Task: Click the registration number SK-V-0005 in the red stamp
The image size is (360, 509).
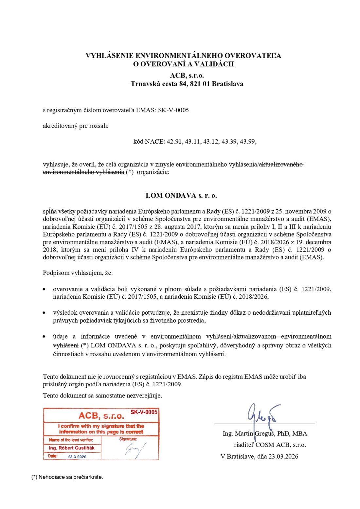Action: [x=144, y=412]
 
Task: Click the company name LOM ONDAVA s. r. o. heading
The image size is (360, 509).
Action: [x=181, y=196]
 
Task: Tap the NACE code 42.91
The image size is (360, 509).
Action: [x=174, y=141]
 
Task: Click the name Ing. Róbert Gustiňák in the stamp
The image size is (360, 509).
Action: [x=72, y=448]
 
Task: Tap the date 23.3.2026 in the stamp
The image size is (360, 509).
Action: [x=77, y=457]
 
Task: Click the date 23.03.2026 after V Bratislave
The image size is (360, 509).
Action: [x=283, y=456]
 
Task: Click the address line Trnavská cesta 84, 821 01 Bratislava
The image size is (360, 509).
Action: [x=187, y=84]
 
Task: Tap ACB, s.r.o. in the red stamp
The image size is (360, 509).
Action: [x=101, y=416]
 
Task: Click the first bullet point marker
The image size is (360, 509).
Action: [x=44, y=290]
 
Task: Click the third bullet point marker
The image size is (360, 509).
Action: [x=44, y=337]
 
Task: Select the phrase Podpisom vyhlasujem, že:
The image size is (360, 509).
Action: [x=78, y=273]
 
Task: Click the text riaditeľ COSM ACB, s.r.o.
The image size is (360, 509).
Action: [x=270, y=445]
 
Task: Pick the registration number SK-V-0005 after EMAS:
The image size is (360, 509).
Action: [x=173, y=110]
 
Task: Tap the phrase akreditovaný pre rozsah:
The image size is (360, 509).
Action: [x=76, y=126]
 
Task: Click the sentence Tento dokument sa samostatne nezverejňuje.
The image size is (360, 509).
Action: [x=102, y=395]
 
